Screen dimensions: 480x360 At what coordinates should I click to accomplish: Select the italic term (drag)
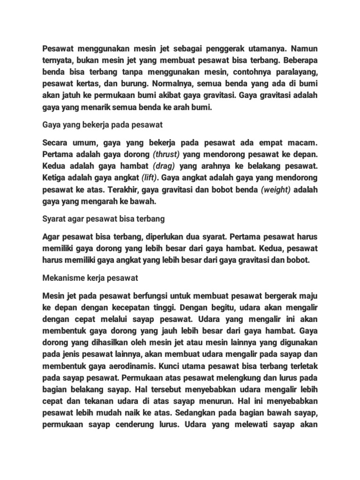pos(165,166)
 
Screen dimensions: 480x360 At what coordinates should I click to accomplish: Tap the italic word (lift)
pos(150,179)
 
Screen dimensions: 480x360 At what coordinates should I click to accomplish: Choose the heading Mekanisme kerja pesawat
pos(90,278)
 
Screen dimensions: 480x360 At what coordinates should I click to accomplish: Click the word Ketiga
pos(55,179)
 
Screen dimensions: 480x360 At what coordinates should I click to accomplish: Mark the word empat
pos(273,142)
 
